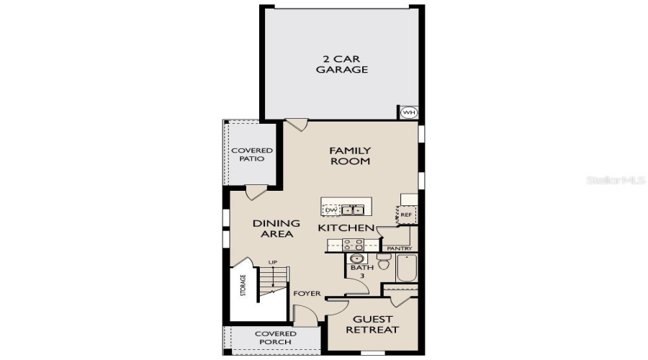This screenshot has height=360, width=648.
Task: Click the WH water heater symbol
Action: point(409,112)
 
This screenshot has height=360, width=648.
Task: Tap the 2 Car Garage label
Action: point(344,65)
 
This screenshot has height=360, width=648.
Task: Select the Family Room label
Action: point(350,156)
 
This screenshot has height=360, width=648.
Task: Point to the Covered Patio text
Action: point(252,154)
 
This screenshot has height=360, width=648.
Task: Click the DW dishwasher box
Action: point(330,210)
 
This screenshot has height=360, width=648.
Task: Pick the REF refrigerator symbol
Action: point(406,215)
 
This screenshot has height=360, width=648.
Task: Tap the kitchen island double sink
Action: point(352,210)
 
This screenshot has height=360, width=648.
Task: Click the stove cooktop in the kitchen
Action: point(352,245)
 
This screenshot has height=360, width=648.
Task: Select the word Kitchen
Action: point(346,228)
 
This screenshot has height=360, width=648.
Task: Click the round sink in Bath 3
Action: point(356,258)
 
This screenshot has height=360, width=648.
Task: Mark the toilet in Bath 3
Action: point(384,264)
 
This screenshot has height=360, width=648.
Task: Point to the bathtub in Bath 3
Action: point(407,267)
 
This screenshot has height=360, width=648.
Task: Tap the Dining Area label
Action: point(276,228)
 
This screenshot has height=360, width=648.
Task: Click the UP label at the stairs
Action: point(272,262)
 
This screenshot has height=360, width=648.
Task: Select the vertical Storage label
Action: point(243,286)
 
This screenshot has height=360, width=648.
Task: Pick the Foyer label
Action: point(307,294)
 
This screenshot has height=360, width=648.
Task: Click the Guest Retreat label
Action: point(372,324)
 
